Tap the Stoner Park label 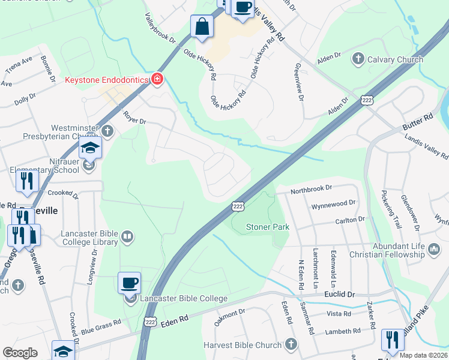point(268,227)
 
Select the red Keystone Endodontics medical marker point(157,79)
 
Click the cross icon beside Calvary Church point(358,59)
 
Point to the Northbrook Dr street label point(312,189)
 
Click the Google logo point(20,353)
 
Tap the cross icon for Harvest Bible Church point(291,344)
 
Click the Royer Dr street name point(134,117)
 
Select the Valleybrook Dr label point(159,28)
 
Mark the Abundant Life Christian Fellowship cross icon point(434,247)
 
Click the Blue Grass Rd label point(101,326)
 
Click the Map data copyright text point(423,355)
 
